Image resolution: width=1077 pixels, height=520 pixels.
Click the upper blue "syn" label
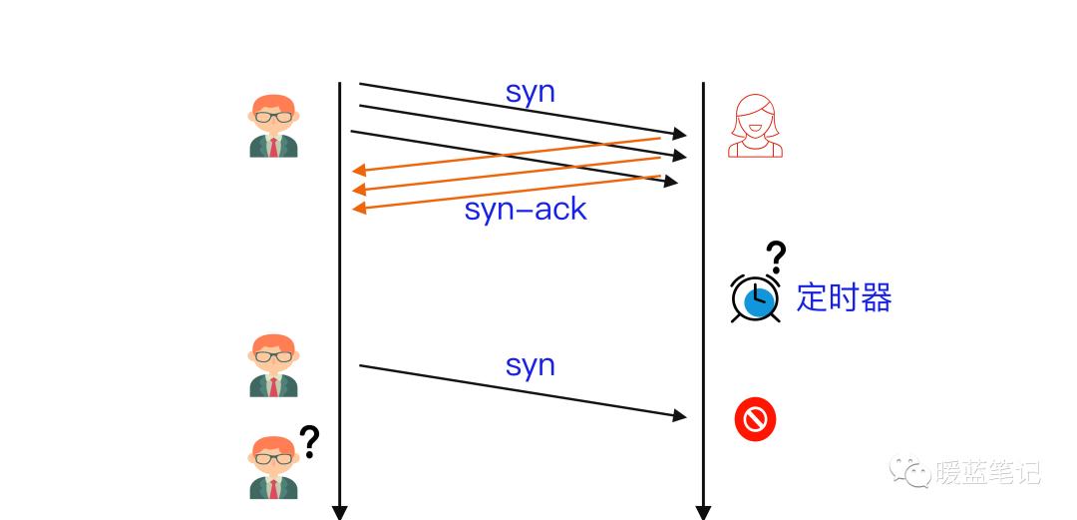coord(530,93)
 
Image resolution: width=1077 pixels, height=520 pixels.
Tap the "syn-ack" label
coord(526,210)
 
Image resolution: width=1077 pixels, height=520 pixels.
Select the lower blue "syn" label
coord(530,365)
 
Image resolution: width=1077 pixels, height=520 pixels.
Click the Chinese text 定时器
coord(844,297)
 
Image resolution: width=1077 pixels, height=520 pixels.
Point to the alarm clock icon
coord(756,297)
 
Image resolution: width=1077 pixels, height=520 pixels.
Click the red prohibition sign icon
coord(755,419)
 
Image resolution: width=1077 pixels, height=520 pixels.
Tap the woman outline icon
coord(755,126)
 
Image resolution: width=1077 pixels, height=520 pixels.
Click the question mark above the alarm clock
coord(776,257)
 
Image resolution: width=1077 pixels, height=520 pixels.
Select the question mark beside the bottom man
coord(310,441)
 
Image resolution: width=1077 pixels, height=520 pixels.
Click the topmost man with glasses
coord(273,126)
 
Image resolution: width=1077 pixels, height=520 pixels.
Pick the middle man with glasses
coord(273,365)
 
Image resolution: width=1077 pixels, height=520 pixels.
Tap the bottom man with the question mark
coord(273,467)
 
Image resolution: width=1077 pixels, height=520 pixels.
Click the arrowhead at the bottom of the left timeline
coord(339,513)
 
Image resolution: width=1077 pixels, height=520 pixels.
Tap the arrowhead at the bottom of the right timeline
coord(703,513)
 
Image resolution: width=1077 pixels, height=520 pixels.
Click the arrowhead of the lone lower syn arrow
coord(681,415)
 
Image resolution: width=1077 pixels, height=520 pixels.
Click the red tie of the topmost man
coord(273,147)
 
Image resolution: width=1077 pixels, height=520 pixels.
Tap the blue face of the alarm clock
coord(760,300)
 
